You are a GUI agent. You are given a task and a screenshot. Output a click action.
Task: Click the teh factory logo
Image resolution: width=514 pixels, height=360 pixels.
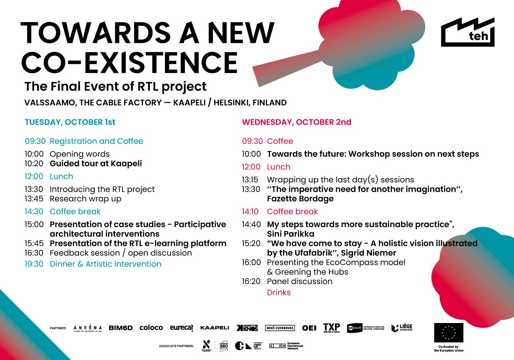(467, 33)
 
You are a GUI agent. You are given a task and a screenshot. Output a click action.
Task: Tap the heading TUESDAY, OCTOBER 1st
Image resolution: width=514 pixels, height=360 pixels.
(70, 122)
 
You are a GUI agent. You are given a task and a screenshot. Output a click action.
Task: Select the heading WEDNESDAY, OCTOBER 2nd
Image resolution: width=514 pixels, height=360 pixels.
(296, 122)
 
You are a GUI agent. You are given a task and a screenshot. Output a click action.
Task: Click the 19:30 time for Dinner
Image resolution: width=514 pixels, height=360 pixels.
(35, 264)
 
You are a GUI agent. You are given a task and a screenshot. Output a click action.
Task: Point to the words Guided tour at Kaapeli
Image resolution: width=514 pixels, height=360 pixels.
(96, 164)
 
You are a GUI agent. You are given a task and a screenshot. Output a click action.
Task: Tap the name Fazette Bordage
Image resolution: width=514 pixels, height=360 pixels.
(300, 198)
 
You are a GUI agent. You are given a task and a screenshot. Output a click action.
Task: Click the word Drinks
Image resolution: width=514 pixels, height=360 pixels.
(279, 292)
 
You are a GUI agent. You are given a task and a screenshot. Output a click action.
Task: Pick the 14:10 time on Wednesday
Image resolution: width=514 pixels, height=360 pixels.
(251, 211)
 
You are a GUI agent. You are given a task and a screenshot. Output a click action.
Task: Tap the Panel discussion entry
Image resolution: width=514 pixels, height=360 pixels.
(300, 281)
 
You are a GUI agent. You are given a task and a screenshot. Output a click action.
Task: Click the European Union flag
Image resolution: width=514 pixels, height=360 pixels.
(449, 333)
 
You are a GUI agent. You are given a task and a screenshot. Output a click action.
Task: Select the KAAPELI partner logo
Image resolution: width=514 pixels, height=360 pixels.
(214, 328)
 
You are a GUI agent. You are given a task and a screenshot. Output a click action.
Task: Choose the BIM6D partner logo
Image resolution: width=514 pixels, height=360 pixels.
(120, 328)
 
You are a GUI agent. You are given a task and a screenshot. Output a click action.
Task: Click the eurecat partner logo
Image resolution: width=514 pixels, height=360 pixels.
(182, 328)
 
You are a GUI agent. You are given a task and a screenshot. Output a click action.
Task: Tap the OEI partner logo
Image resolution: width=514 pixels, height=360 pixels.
(309, 328)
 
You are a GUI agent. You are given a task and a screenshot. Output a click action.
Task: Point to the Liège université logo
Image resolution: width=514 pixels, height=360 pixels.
(402, 328)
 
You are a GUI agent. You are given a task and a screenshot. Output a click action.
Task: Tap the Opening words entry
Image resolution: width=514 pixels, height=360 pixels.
(80, 154)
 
